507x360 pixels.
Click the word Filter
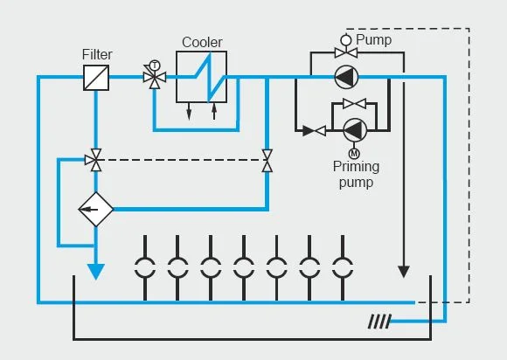(97, 55)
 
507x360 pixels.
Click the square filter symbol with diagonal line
(97, 78)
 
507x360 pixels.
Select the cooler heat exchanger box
(202, 77)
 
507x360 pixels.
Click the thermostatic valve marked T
(155, 77)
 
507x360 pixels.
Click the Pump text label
(372, 39)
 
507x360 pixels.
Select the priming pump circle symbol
(354, 130)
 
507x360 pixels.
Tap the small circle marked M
(354, 154)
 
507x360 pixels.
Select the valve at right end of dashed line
(266, 159)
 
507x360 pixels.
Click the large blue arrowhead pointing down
(96, 272)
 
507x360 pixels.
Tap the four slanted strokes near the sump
(378, 322)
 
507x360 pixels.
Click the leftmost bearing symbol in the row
(146, 266)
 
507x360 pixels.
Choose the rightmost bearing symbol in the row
(341, 266)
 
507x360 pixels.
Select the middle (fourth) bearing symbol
(243, 266)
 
